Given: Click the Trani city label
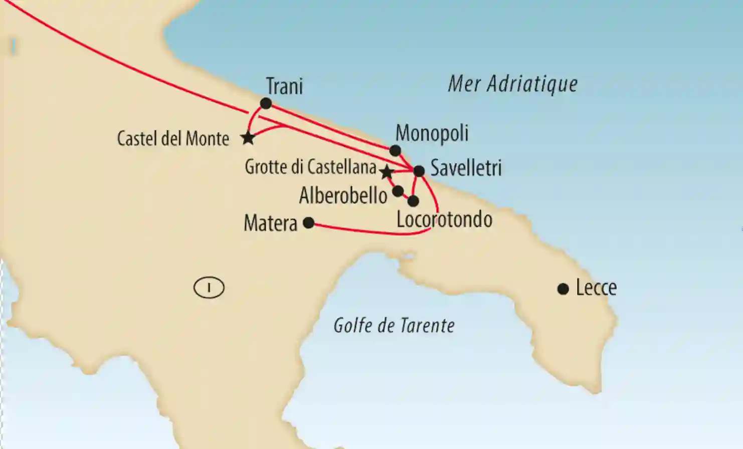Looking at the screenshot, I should tap(284, 86).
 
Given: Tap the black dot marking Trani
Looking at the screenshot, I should tap(266, 104).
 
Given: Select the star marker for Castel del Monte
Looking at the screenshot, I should tap(248, 137).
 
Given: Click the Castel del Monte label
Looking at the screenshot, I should tap(173, 138).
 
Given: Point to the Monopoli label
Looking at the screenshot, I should tap(432, 133).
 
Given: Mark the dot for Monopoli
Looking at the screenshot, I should tap(395, 150).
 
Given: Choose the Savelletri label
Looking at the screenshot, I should tap(466, 168).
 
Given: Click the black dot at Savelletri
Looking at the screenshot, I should tap(419, 171).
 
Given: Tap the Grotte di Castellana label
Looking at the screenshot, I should tap(310, 167).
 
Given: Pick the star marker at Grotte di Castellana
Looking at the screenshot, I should tap(386, 172).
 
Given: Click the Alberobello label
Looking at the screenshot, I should tap(343, 195).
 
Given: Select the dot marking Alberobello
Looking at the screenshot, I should tap(398, 191).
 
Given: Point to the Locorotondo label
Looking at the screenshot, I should tap(444, 219).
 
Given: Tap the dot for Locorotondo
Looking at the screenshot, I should tap(413, 201).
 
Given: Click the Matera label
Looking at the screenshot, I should tap(270, 223).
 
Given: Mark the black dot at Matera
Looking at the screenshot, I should tap(309, 223).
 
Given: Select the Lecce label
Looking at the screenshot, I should tap(596, 288).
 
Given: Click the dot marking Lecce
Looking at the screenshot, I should tap(563, 289).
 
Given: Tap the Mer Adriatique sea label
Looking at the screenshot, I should tap(512, 84).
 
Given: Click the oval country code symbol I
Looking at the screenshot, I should tap(209, 288).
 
